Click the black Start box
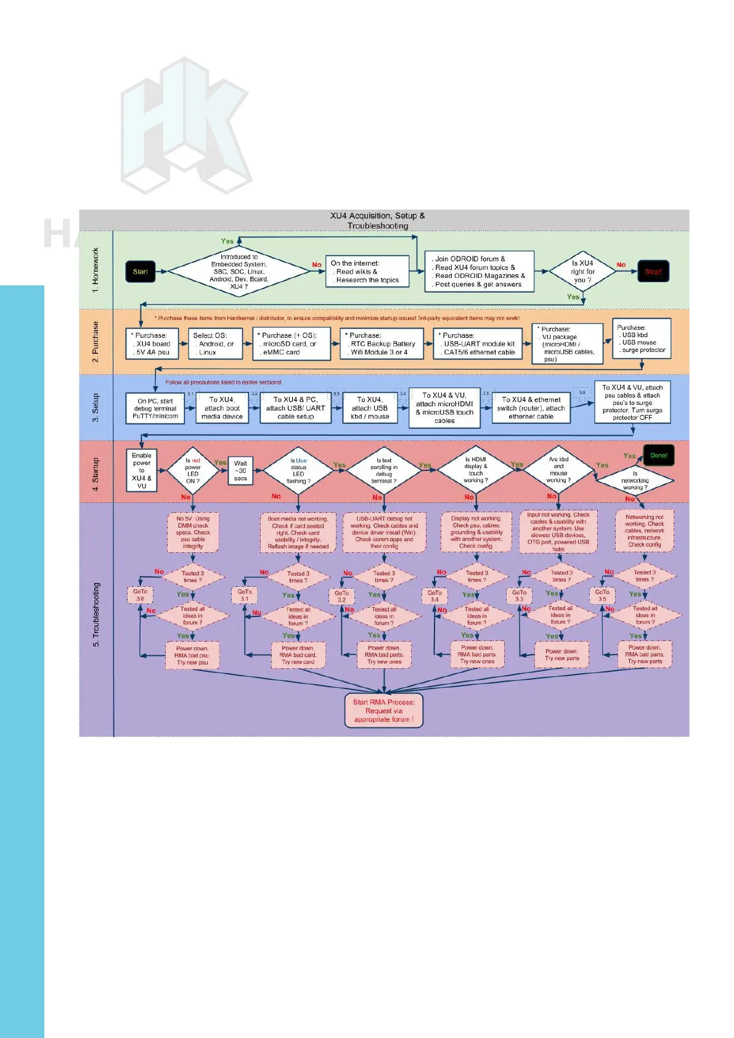pos(141,272)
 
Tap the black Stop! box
pos(653,272)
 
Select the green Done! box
pos(658,456)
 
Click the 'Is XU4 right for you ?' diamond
pos(582,272)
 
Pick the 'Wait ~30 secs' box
pos(240,471)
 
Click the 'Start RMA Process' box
pos(384,711)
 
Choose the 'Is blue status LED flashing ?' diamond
pos(299,471)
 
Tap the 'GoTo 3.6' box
pos(141,595)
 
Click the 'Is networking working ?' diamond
pos(635,480)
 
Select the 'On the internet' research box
pos(367,272)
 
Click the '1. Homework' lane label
pos(96,270)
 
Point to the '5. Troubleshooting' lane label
pos(96,615)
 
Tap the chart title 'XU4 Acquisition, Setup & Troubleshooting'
pos(378,221)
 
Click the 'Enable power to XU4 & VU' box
pos(142,470)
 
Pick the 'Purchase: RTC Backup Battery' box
pos(382,344)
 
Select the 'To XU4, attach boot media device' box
pos(222,408)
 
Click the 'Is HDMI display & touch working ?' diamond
pos(475,470)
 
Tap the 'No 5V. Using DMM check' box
pos(193,533)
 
